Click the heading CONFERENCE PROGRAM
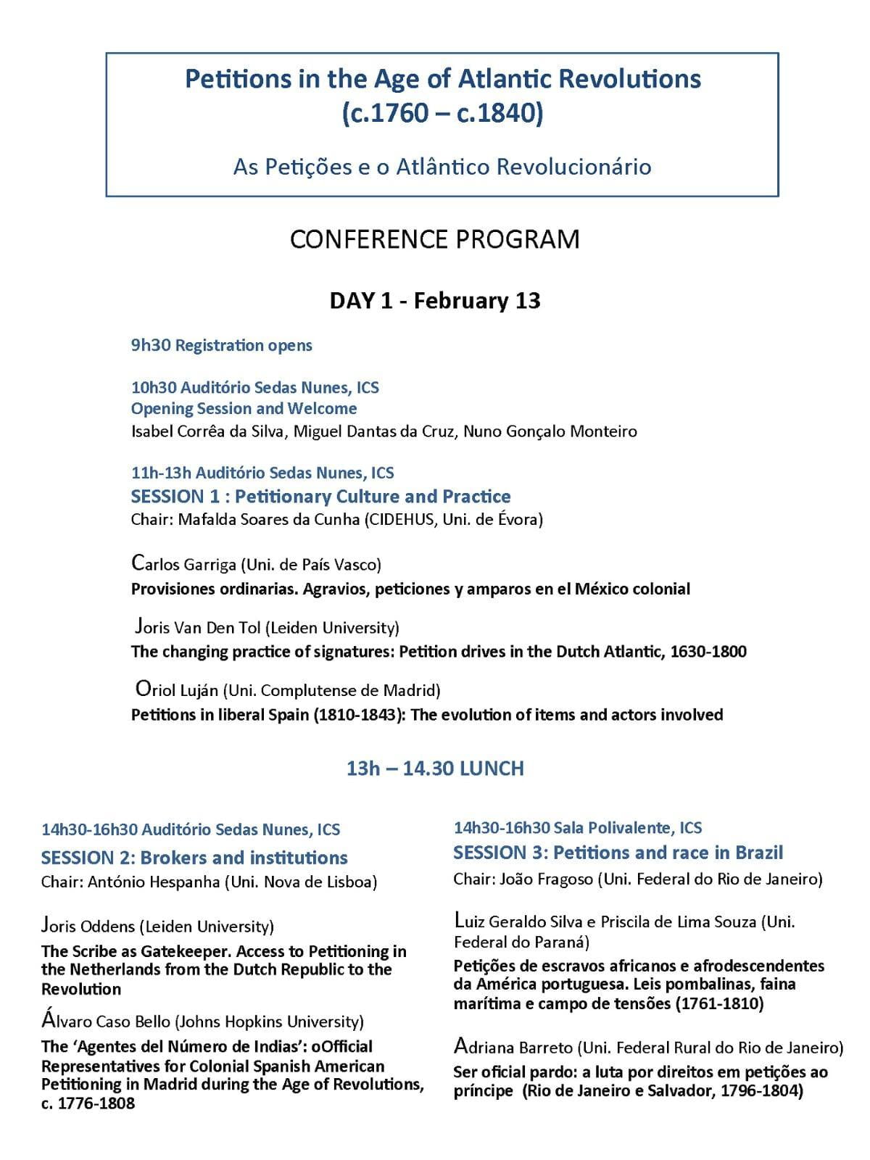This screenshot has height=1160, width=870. tap(434, 239)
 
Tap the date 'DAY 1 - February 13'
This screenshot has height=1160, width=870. tap(435, 300)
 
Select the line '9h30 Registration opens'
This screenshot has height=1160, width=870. tap(221, 345)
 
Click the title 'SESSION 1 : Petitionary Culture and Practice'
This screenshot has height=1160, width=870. tap(320, 497)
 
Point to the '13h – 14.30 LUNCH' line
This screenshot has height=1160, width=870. tap(435, 768)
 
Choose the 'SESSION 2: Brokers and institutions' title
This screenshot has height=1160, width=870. tap(194, 858)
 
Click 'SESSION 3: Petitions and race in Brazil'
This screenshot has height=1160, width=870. tap(618, 853)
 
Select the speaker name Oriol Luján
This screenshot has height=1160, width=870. tap(177, 689)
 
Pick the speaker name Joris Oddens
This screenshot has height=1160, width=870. tap(88, 926)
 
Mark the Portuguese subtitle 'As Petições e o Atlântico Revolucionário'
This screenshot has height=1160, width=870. tap(442, 167)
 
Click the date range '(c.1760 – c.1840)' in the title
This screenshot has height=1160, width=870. tap(442, 114)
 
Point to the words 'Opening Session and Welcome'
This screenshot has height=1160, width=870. tap(244, 408)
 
